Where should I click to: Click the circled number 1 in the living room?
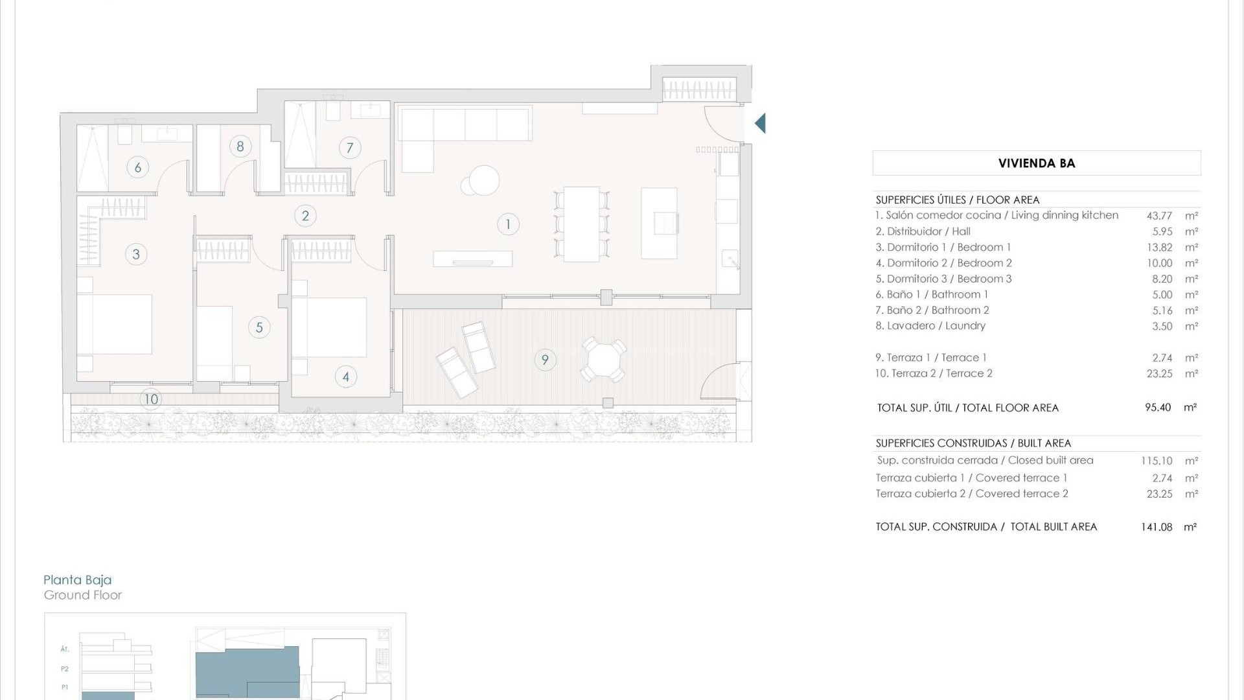pos(508,224)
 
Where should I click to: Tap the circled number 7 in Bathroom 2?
pos(350,148)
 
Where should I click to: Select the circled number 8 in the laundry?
pos(240,146)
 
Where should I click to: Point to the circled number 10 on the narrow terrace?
pos(151,399)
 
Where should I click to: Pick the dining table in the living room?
pos(581,224)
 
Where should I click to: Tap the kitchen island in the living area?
pos(659,224)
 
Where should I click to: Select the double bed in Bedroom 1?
pos(115,324)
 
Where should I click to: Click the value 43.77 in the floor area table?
pos(1159,216)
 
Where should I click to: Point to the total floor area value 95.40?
pos(1158,408)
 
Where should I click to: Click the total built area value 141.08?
pos(1157,527)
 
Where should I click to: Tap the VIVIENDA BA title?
pos(1037,163)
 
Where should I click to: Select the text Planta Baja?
pos(78,580)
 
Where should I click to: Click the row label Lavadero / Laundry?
pos(930,326)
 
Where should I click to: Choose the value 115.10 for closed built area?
pos(1157,461)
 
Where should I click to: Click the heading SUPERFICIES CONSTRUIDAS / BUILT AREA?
pos(973,443)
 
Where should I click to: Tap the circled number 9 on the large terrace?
pos(545,360)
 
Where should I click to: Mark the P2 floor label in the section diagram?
pos(65,668)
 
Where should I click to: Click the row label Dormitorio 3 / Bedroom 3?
pos(943,279)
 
